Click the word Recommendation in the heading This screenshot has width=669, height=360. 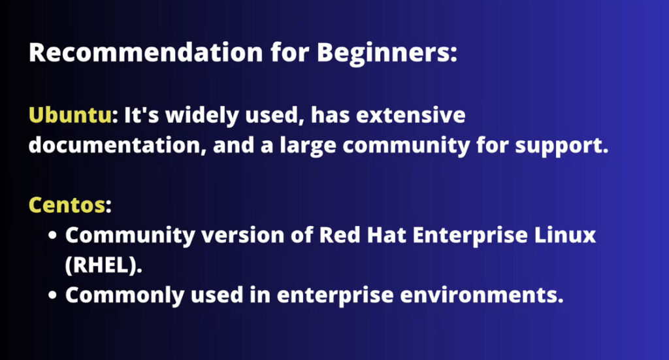146,52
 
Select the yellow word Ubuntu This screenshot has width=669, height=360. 70,115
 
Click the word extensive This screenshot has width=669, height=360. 410,116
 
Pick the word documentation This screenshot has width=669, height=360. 115,146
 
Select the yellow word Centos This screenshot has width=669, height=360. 67,205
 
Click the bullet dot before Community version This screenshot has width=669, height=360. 52,235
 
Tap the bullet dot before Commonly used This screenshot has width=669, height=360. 52,295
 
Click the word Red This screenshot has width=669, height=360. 340,235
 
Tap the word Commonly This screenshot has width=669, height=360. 125,295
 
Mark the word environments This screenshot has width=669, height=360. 478,295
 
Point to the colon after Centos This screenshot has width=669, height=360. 108,206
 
